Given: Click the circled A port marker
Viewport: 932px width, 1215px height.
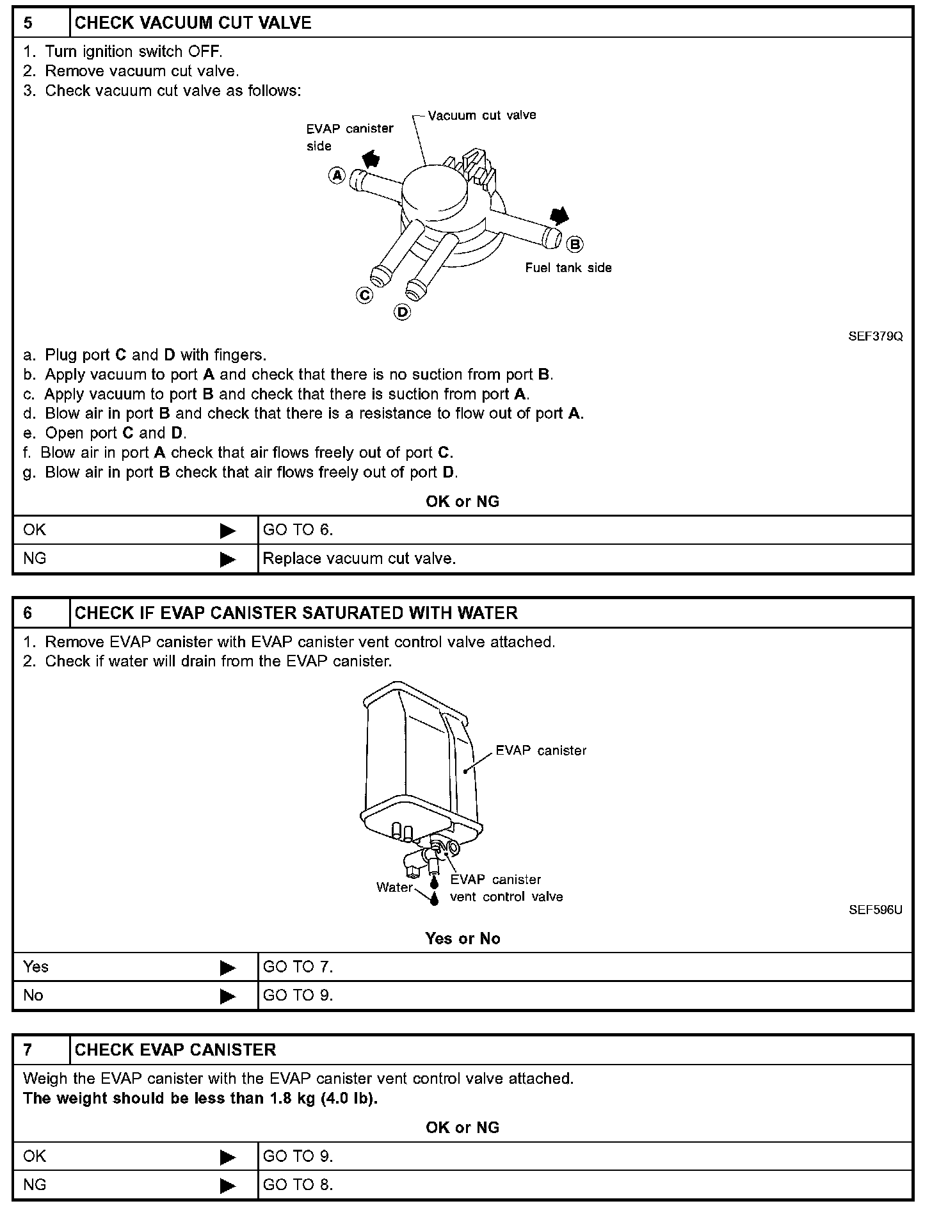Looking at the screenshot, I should pyautogui.click(x=337, y=175).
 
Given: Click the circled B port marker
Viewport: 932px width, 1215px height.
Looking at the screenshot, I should pyautogui.click(x=575, y=244).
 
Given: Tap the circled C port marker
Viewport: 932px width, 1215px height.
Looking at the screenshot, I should pyautogui.click(x=364, y=295).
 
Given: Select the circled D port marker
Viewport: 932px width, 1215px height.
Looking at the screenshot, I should pyautogui.click(x=402, y=312).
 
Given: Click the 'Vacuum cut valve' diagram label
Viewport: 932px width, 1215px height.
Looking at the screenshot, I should pyautogui.click(x=481, y=115).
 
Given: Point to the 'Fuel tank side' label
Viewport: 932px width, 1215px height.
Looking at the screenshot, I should pyautogui.click(x=568, y=268).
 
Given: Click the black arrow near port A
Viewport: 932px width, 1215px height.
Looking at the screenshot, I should pyautogui.click(x=370, y=158).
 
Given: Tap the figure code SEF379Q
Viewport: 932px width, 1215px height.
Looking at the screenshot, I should pyautogui.click(x=875, y=336).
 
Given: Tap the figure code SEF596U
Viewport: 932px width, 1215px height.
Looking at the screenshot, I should pyautogui.click(x=875, y=910).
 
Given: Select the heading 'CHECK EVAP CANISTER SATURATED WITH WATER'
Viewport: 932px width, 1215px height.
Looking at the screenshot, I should pyautogui.click(x=296, y=613).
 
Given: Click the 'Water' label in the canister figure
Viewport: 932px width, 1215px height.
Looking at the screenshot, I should pyautogui.click(x=394, y=887).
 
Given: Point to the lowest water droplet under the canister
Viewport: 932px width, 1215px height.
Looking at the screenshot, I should pyautogui.click(x=435, y=899).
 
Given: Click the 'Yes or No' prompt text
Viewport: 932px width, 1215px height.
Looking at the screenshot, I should pyautogui.click(x=462, y=938).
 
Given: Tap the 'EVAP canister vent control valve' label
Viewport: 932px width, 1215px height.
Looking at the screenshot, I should pyautogui.click(x=506, y=888).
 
